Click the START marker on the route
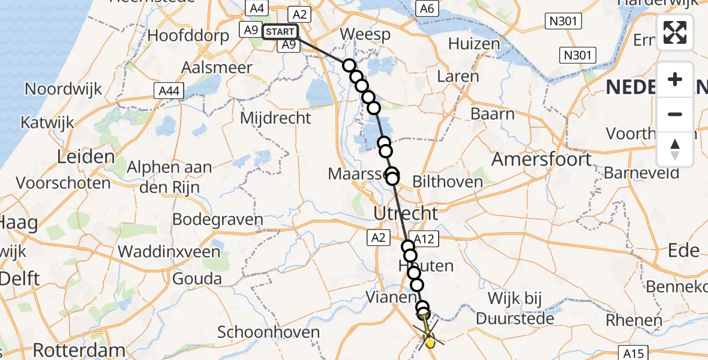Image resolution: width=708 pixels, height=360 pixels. point(280,31)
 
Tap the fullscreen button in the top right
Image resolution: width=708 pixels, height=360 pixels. point(675,32)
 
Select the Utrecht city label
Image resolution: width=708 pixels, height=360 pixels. point(405,213)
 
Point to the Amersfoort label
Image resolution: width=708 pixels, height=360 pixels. point(542,160)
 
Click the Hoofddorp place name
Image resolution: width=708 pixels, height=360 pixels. point(188,35)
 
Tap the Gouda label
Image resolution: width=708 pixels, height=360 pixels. point(197,278)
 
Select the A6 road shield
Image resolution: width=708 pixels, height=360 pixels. point(427,8)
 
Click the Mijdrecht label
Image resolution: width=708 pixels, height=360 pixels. point(275,117)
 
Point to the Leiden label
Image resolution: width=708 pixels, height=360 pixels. point(85,157)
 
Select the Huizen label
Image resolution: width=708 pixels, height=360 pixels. point(474,44)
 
